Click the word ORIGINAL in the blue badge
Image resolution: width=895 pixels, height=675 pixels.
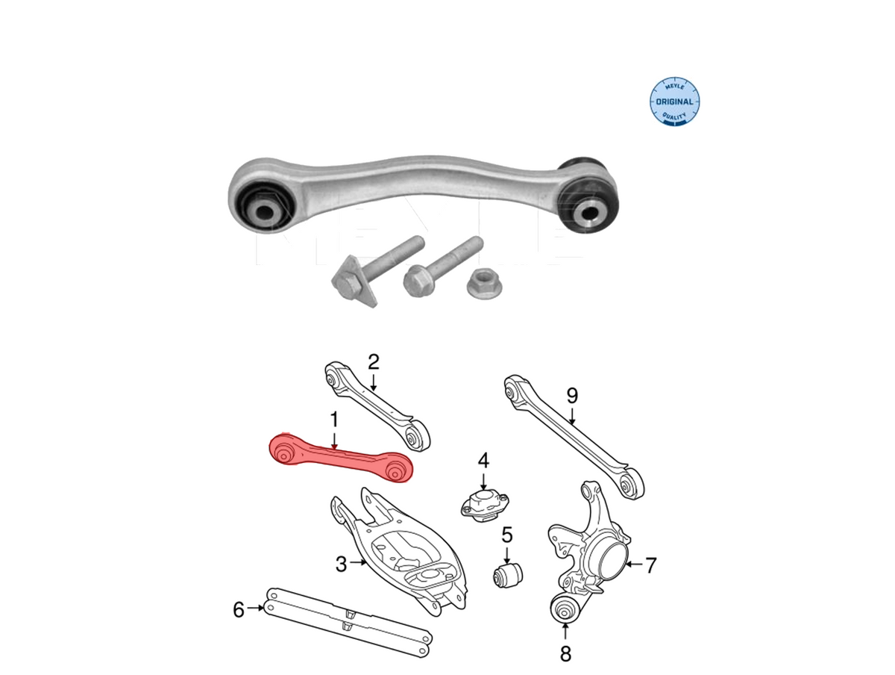[674, 102]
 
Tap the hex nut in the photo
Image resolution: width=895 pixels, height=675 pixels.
[484, 282]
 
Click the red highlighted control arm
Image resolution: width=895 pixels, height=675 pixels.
[340, 458]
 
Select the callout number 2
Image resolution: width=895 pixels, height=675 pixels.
[373, 362]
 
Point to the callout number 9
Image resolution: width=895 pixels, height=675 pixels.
[572, 396]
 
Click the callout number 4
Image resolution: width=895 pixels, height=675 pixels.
[483, 461]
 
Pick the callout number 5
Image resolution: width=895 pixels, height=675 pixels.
[507, 535]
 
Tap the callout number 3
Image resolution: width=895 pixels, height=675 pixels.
[341, 564]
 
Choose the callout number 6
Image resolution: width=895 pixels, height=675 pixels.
[239, 610]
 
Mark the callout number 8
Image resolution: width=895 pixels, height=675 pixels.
[565, 654]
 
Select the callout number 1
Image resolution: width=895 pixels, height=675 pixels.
[334, 420]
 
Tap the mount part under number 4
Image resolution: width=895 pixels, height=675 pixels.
[484, 508]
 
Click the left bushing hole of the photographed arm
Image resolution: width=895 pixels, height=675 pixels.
[265, 212]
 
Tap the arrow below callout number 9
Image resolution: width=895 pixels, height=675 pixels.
[572, 416]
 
